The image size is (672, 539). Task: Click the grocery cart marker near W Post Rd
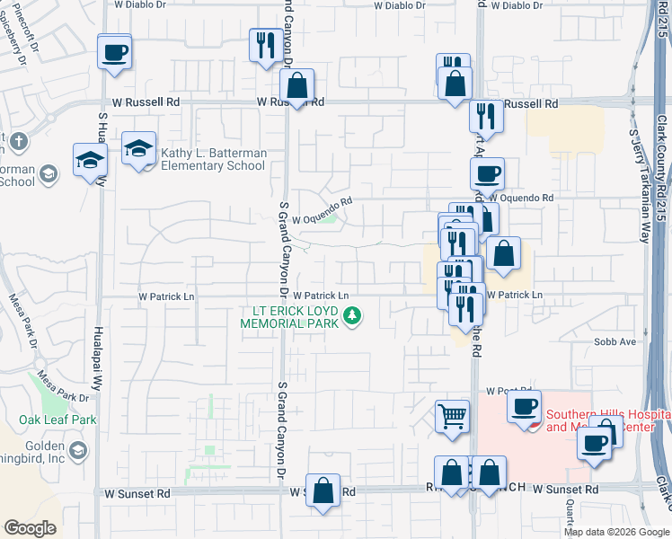(453, 416)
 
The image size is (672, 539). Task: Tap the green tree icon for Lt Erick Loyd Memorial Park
(353, 316)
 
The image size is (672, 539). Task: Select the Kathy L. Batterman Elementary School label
(214, 159)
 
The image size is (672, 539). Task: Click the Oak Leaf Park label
(57, 420)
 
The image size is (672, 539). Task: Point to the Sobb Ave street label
(615, 341)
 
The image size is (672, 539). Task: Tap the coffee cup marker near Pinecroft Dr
(114, 52)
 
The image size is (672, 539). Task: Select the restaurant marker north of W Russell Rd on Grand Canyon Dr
(265, 45)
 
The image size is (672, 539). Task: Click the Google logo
(31, 528)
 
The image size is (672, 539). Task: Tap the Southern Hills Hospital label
(608, 420)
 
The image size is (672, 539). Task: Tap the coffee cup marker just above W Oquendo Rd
(487, 173)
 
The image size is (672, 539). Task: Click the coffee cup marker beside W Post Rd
(525, 405)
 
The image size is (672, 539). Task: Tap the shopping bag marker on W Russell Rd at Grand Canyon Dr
(296, 86)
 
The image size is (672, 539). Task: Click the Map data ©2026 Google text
(614, 532)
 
